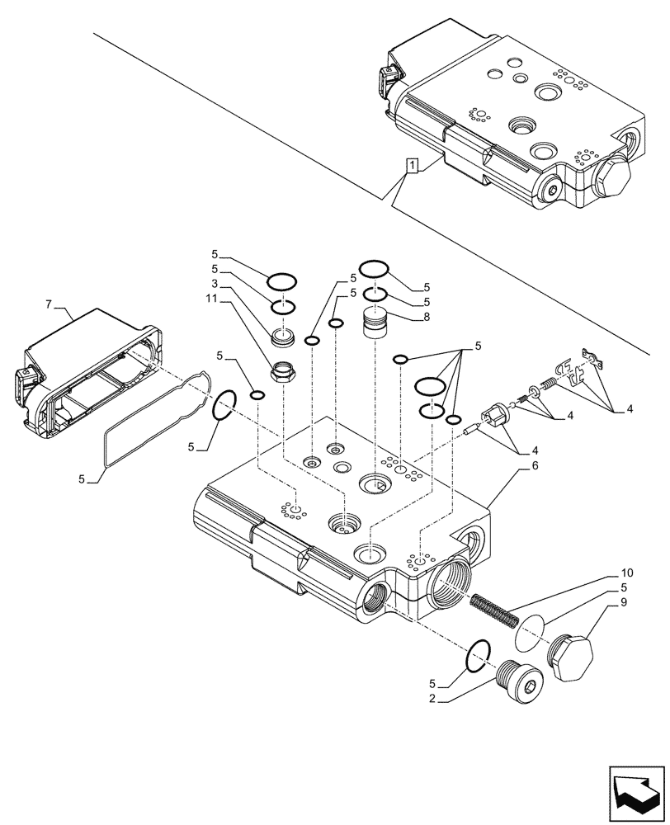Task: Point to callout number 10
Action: click(x=627, y=572)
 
